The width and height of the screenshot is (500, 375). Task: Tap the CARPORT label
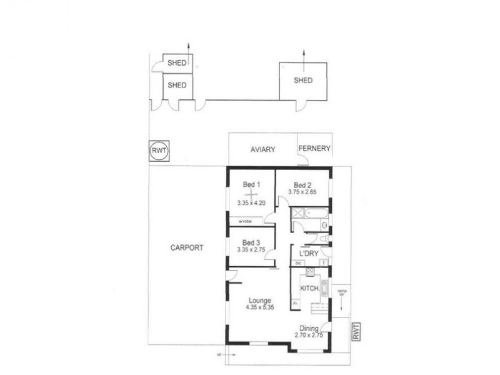click(x=186, y=247)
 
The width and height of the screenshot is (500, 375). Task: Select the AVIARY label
click(x=263, y=150)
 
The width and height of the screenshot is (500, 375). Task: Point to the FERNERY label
click(x=314, y=149)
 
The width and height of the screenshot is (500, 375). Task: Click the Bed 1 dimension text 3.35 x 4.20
click(x=252, y=203)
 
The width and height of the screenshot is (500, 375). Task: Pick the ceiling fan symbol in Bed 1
click(x=251, y=194)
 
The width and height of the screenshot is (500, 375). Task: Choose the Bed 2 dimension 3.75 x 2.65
click(x=302, y=192)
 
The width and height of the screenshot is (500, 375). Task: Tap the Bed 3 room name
click(x=251, y=242)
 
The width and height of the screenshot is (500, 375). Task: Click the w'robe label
click(x=244, y=221)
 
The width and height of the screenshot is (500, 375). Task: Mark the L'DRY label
click(x=309, y=254)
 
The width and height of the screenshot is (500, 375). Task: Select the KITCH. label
click(x=311, y=288)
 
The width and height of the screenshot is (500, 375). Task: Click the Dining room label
click(x=309, y=329)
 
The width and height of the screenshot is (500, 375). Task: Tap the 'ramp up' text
click(x=342, y=294)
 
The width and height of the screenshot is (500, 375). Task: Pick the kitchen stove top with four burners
click(x=324, y=287)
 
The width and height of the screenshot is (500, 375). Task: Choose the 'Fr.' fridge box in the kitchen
click(x=295, y=303)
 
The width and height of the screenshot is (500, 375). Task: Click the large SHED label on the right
click(x=303, y=81)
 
